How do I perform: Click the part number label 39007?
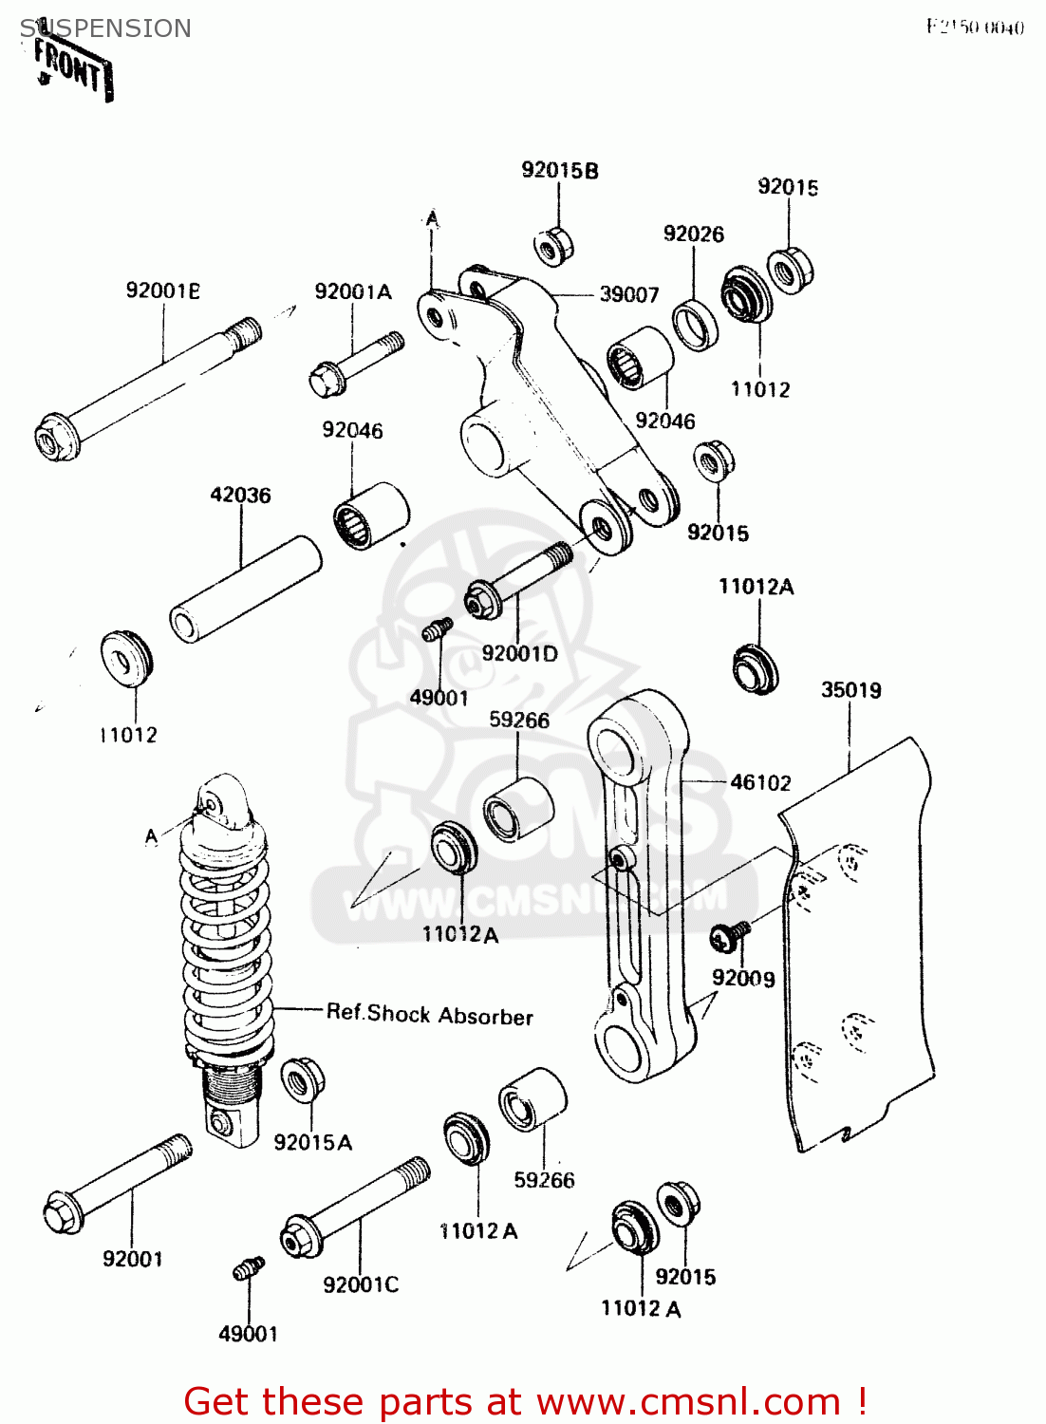click(628, 295)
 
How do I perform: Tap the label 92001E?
click(163, 290)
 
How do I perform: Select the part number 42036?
click(240, 495)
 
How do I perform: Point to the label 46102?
click(760, 782)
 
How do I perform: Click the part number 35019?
click(850, 690)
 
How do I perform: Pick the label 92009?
click(743, 978)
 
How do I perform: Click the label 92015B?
click(560, 171)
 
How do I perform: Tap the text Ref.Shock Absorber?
click(429, 1015)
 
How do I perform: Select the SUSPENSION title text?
click(105, 28)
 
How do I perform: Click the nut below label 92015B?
click(553, 246)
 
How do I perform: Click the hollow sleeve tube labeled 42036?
click(246, 590)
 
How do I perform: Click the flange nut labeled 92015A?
click(303, 1079)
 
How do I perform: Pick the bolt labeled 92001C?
click(353, 1207)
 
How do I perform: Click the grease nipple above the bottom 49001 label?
click(248, 1268)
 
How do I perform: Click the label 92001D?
click(519, 653)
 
